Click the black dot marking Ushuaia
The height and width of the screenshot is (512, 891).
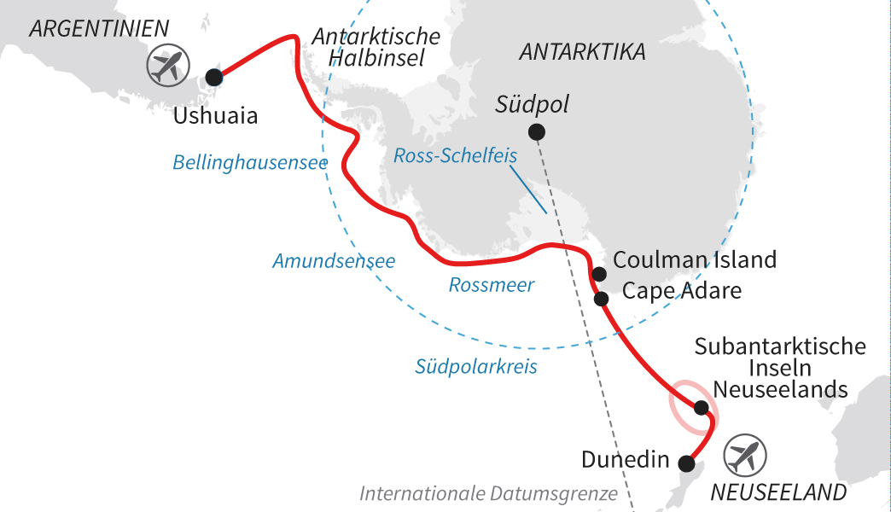213,78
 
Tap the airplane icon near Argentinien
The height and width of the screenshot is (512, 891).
168,65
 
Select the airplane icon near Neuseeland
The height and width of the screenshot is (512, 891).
745,456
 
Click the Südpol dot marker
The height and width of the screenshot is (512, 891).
536,131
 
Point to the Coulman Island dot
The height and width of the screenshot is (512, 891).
599,274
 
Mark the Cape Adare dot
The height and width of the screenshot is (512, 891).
601,299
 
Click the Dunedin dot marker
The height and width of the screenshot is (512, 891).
685,463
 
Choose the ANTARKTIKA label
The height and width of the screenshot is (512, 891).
582,51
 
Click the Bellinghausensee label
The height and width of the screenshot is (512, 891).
250,161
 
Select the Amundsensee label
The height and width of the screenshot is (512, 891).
334,261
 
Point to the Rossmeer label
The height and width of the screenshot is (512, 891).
492,285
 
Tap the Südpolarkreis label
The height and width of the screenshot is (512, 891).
476,367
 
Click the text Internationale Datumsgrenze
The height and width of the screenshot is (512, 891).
488,493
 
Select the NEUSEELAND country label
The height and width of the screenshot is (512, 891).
778,492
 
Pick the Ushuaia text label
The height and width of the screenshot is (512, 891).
215,115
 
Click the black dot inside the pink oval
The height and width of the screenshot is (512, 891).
701,408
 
